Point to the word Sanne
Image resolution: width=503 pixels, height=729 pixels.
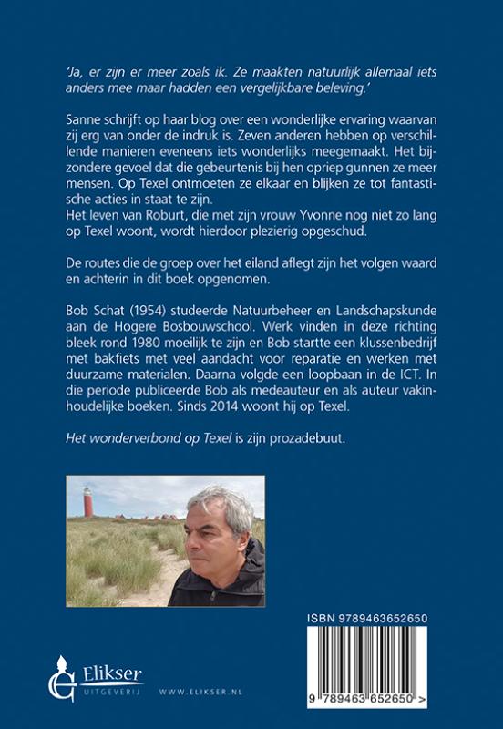(87, 120)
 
